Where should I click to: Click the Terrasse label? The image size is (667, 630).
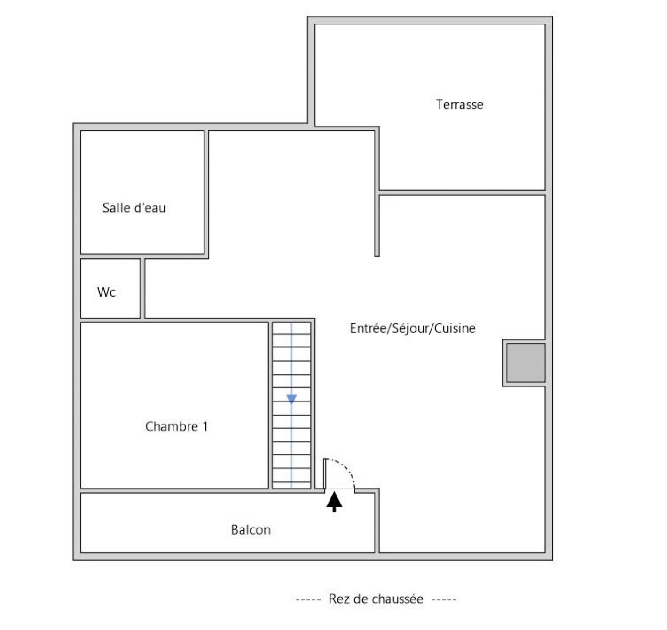click(x=459, y=104)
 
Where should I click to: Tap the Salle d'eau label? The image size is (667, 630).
click(x=134, y=208)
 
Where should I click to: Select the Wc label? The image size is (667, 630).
click(x=106, y=291)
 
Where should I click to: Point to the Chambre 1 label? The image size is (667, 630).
click(x=177, y=426)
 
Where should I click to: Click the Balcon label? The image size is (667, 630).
click(x=251, y=530)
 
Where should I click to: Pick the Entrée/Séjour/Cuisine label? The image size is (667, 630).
click(x=412, y=328)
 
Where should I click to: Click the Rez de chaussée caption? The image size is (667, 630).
click(x=376, y=599)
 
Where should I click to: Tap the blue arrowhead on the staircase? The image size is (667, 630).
click(x=291, y=399)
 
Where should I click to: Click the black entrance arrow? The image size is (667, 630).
click(x=334, y=502)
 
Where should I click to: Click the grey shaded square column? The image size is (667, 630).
click(x=526, y=363)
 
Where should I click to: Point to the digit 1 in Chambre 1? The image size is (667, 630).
click(x=205, y=426)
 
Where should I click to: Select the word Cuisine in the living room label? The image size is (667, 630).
click(x=455, y=328)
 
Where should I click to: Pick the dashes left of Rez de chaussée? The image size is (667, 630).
click(x=308, y=599)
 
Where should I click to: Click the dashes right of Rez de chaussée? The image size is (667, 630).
click(x=444, y=599)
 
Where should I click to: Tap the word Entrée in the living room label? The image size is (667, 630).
click(x=368, y=328)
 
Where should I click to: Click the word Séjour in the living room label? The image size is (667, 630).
click(x=410, y=328)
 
